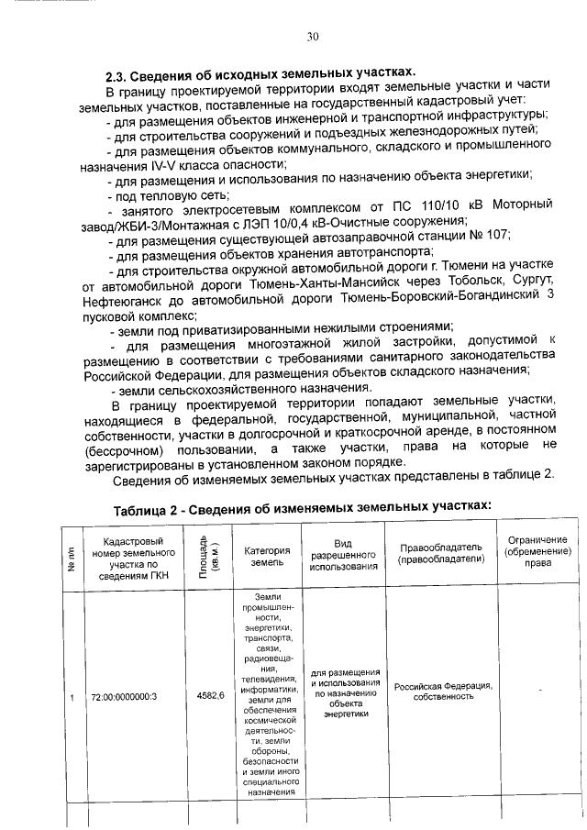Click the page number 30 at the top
(312, 37)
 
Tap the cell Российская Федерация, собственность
(443, 691)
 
